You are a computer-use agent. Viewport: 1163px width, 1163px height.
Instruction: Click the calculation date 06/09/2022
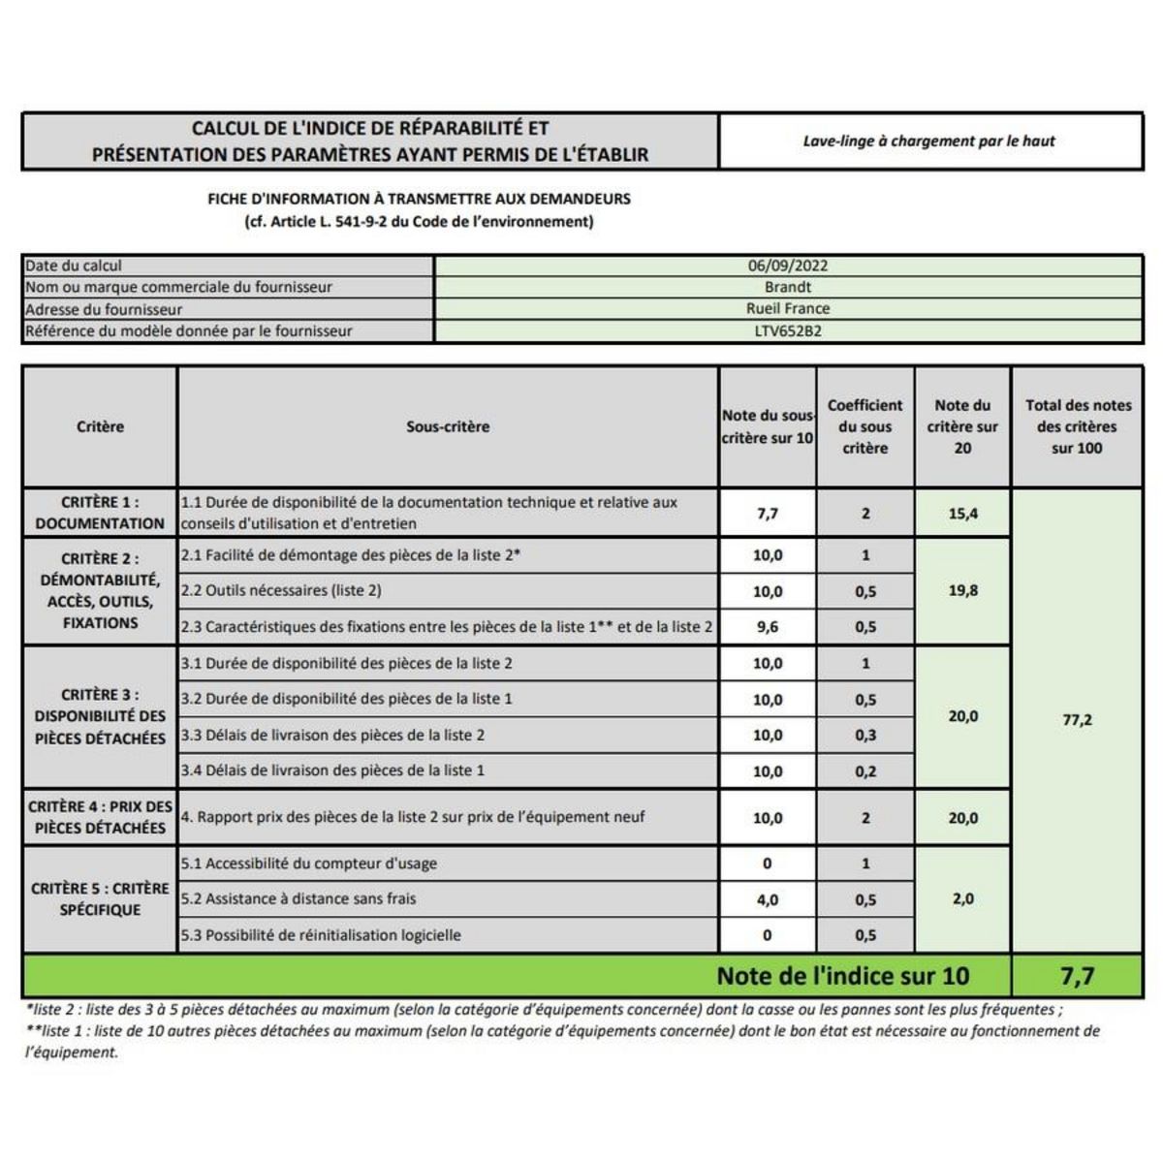click(x=787, y=266)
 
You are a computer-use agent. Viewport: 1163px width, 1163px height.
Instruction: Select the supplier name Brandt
click(x=787, y=287)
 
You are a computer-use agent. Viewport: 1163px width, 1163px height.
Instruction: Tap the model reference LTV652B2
click(x=787, y=330)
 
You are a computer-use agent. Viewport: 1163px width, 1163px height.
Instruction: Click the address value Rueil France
click(x=787, y=309)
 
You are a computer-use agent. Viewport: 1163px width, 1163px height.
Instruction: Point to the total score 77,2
click(x=1077, y=720)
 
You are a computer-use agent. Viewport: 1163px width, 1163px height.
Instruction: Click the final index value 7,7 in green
click(x=1077, y=976)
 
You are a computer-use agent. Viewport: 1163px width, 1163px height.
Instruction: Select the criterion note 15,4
click(x=962, y=514)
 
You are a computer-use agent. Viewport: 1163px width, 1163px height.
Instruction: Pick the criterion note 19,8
click(x=962, y=590)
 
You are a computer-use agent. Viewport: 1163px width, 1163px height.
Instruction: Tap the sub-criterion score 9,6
click(x=767, y=627)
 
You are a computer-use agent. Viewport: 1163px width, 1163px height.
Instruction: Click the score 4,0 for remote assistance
click(x=767, y=900)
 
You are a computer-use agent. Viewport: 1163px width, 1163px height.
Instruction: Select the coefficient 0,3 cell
click(x=864, y=736)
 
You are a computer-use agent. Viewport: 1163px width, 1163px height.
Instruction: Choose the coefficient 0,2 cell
click(x=864, y=771)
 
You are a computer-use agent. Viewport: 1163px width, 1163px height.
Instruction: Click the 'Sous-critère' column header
click(x=448, y=426)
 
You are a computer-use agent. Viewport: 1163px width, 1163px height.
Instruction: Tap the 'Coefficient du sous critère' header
click(x=864, y=426)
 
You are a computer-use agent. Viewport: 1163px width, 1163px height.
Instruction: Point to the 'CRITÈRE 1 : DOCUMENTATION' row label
click(x=100, y=513)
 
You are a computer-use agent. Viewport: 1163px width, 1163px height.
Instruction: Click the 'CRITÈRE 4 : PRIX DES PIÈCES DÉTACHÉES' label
click(x=100, y=817)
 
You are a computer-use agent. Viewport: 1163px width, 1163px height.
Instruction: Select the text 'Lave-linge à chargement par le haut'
click(x=928, y=141)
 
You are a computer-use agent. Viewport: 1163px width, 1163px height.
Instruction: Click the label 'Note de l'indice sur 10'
click(x=842, y=976)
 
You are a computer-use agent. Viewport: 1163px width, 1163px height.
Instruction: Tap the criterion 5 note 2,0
click(x=962, y=899)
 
